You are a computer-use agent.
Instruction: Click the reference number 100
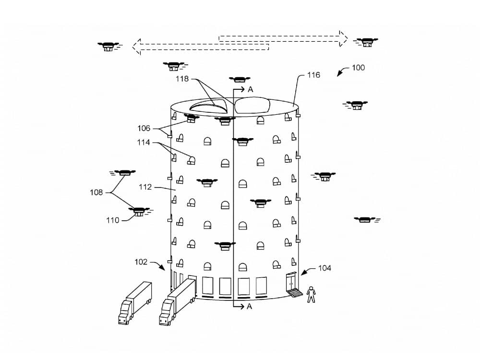[x=358, y=68]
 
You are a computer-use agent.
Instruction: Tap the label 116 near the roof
[x=313, y=75]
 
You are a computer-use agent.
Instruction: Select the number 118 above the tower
[x=182, y=79]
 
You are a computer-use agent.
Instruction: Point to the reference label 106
[x=144, y=128]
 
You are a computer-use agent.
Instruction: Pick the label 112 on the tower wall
[x=145, y=187]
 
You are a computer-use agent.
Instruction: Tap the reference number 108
[x=96, y=192]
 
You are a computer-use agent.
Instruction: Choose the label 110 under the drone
[x=113, y=220]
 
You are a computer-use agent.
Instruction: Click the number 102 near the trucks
[x=141, y=262]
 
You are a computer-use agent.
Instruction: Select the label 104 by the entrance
[x=324, y=268]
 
